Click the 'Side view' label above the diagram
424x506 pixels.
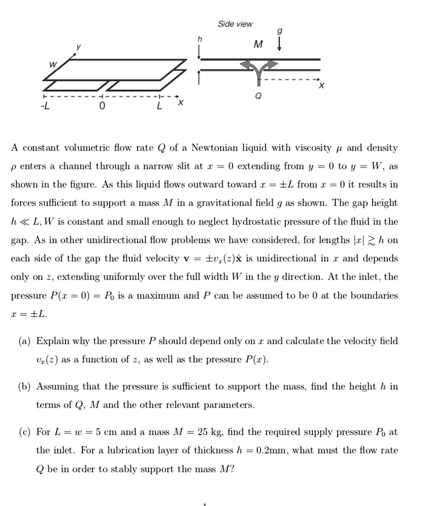coord(235,24)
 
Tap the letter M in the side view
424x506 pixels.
coord(258,45)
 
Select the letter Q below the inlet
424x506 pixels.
coord(257,96)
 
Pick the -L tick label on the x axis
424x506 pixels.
coord(45,105)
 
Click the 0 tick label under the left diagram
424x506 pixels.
coord(101,105)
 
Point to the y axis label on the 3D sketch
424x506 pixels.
coord(77,48)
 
